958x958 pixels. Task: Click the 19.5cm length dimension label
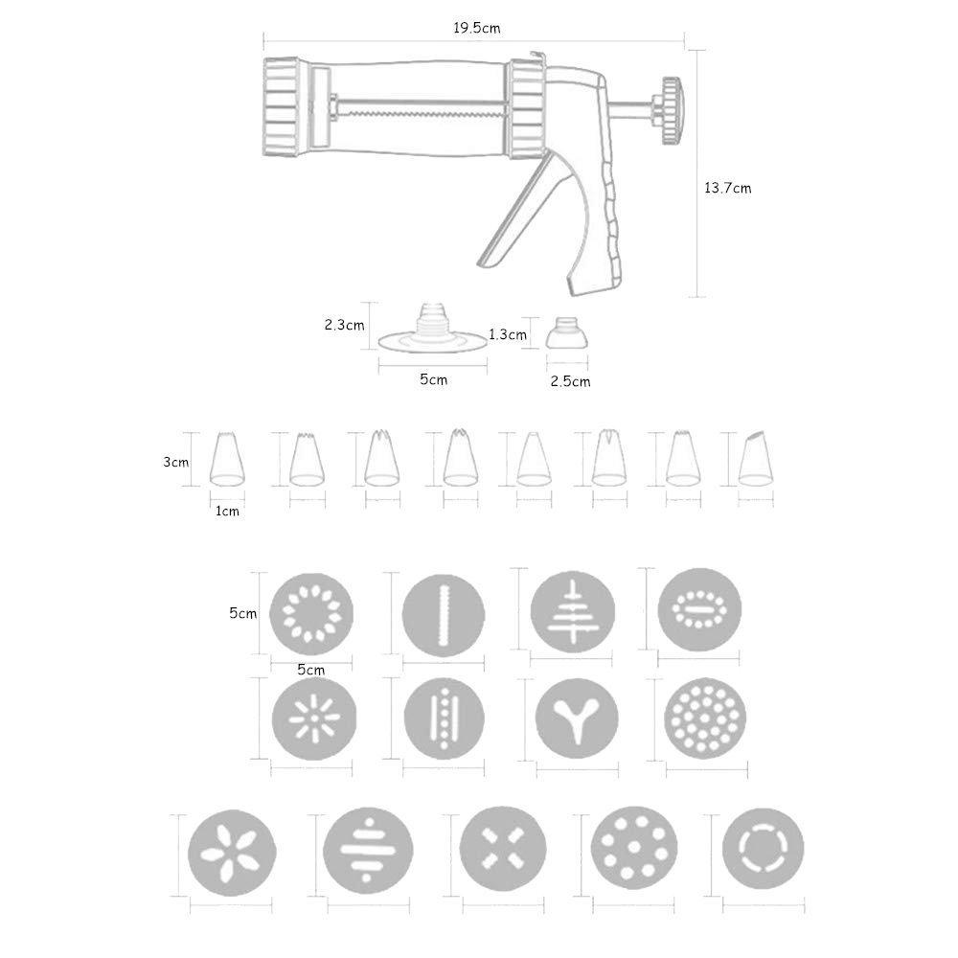pos(476,28)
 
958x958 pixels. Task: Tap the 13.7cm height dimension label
pos(728,188)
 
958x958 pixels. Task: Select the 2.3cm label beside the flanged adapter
pos(344,325)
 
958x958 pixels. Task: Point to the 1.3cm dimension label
pos(507,334)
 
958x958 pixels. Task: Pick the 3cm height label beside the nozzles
pos(176,461)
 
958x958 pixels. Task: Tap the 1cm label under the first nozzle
pos(226,512)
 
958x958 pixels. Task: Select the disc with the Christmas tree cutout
pos(573,611)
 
